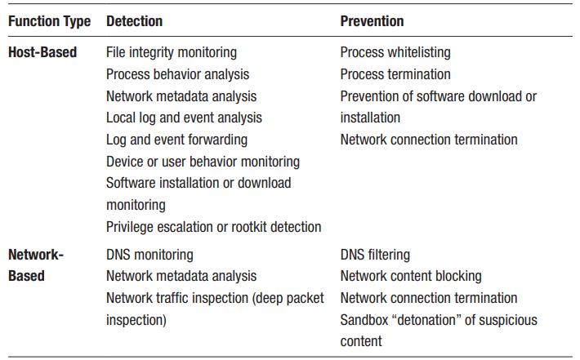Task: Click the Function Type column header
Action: click(x=49, y=21)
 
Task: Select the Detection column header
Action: click(x=134, y=21)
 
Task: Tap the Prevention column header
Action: click(x=372, y=21)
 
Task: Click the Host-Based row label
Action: click(x=42, y=52)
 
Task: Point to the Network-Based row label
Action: click(x=36, y=265)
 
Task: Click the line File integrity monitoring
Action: click(x=172, y=52)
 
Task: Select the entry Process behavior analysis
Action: click(x=177, y=74)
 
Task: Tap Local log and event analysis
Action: click(x=184, y=118)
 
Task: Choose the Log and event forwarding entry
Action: click(x=176, y=140)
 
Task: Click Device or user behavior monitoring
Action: click(x=203, y=162)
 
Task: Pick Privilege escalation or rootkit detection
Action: click(x=213, y=227)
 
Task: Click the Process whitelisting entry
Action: click(x=395, y=52)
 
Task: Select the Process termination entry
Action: click(x=395, y=74)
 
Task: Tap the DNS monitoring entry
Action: click(x=149, y=255)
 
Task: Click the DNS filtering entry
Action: click(x=375, y=255)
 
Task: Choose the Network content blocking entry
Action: click(x=411, y=276)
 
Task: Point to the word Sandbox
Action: click(x=364, y=320)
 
